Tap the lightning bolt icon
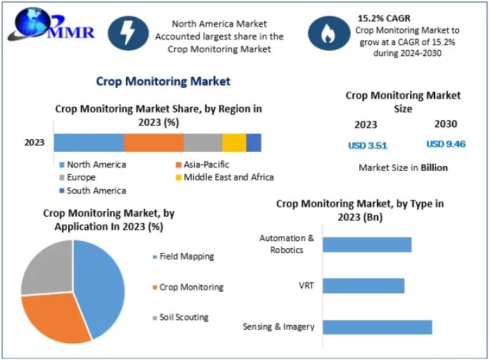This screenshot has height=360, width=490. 128,32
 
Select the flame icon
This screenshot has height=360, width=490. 328,32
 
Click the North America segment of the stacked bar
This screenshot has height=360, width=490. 89,143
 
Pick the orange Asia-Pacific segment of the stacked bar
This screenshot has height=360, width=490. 153,143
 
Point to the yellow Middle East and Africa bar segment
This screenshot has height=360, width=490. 234,143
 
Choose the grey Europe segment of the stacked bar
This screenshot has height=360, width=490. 203,143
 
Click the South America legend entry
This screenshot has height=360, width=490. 93,191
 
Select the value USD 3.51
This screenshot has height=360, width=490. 368,146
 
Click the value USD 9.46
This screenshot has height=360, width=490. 446,144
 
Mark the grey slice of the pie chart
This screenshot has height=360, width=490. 45,266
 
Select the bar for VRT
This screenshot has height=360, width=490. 363,285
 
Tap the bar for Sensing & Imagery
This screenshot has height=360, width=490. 378,327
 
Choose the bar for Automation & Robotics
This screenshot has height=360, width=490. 367,245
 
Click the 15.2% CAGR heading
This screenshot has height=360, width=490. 384,18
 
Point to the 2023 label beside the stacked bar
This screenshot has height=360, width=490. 34,143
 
